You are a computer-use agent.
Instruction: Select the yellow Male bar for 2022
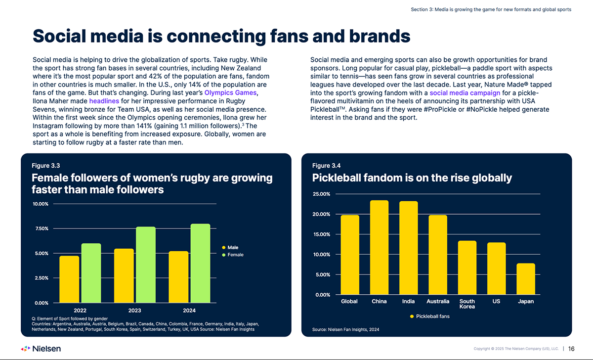click(69, 279)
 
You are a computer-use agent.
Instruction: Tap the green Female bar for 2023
click(146, 265)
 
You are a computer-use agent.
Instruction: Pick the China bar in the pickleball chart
click(379, 247)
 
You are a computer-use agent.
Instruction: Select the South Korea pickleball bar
click(467, 268)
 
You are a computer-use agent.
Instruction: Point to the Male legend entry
click(232, 247)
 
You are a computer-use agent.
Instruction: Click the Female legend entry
click(234, 255)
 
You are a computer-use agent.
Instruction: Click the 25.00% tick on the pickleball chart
click(322, 194)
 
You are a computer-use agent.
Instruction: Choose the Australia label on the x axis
click(438, 301)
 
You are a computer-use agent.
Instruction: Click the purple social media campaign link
click(465, 92)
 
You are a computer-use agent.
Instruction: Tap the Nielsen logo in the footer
click(41, 349)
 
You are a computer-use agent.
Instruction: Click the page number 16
click(571, 349)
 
